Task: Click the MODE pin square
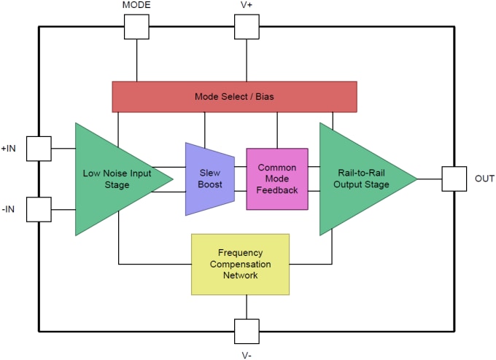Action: click(136, 27)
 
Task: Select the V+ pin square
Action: click(247, 27)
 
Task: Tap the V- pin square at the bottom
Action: click(247, 331)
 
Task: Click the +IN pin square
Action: click(39, 148)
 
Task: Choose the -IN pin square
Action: click(39, 209)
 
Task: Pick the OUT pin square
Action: click(454, 179)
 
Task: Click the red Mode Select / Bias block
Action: click(234, 96)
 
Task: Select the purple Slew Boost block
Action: click(209, 179)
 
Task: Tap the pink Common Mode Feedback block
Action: click(277, 179)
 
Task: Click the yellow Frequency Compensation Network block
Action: click(240, 264)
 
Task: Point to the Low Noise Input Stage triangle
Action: click(113, 179)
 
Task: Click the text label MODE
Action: click(136, 7)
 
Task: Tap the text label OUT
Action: click(484, 179)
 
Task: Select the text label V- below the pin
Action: click(247, 353)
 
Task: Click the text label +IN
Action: click(9, 148)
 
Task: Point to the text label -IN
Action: click(9, 209)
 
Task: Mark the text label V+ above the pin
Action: click(247, 7)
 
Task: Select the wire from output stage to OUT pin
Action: click(429, 179)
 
